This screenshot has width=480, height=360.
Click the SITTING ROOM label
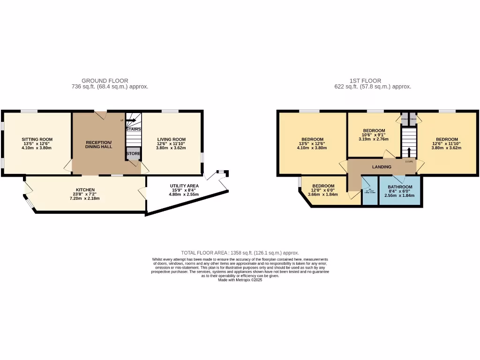point(37,139)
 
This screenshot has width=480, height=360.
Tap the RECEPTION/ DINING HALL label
point(98,142)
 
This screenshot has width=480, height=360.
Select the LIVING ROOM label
point(171,139)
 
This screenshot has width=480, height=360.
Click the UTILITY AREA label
point(184,186)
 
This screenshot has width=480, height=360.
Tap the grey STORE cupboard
point(133,154)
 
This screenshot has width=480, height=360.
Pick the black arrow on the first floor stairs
point(409,151)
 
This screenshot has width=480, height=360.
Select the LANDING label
point(382,167)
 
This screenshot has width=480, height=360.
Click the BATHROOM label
point(399,187)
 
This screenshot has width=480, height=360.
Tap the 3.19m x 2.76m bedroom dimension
point(374,139)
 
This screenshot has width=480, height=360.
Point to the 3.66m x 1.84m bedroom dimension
point(323,195)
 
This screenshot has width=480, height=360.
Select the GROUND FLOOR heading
point(105,81)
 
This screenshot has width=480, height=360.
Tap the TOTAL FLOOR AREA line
point(240,253)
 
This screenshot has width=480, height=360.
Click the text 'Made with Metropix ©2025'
point(240,280)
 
